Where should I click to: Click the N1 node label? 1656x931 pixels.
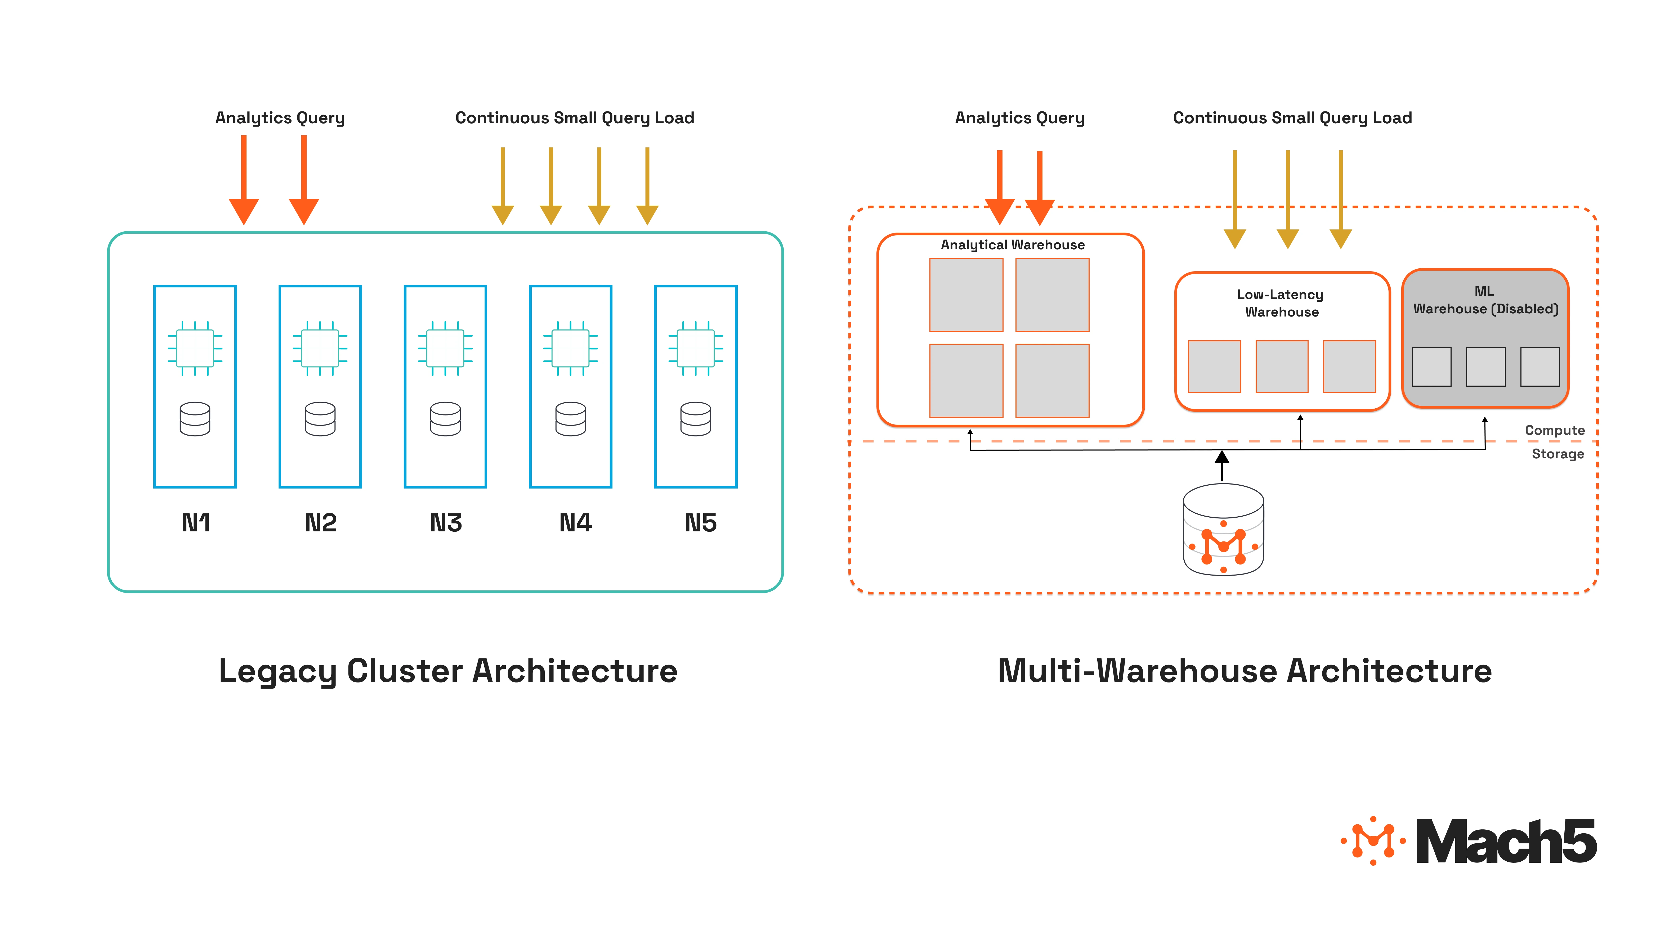point(195,523)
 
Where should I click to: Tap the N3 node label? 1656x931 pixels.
point(445,523)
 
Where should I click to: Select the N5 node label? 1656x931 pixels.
point(700,523)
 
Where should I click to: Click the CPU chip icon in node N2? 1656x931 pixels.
point(320,348)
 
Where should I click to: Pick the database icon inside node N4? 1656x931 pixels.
point(570,419)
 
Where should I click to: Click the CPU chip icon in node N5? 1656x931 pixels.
point(696,348)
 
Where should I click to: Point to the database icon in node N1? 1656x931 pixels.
point(195,419)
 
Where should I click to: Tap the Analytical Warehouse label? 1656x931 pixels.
point(1013,245)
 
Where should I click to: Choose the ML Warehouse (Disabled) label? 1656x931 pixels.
point(1485,301)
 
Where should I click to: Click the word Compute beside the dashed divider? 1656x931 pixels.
point(1554,431)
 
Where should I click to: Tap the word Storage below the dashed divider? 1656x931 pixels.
point(1558,454)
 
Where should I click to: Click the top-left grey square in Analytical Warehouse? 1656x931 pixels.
point(966,295)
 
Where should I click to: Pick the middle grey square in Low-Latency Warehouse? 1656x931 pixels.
point(1282,367)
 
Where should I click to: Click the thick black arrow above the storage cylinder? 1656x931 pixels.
point(1222,465)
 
